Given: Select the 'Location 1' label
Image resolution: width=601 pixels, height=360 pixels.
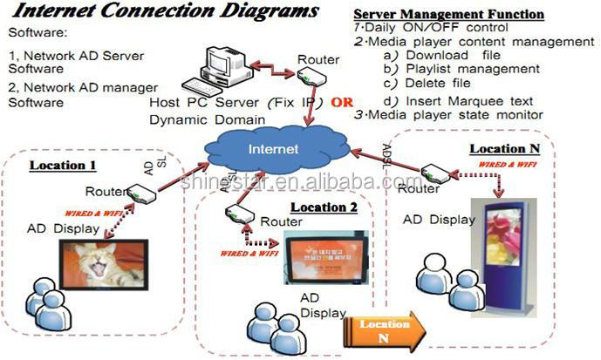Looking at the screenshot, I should point(63,165).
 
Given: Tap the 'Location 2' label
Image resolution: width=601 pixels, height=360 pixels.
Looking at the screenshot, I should point(324,207).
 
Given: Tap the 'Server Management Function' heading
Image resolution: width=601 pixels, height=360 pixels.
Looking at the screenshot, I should point(448,16).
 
